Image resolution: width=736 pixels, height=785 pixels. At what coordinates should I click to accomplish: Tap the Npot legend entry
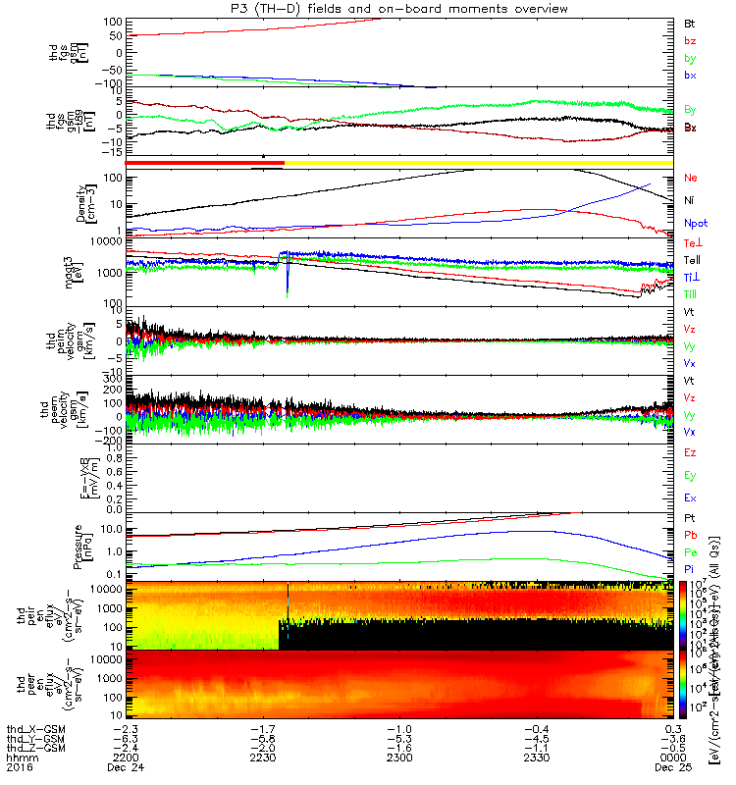694,223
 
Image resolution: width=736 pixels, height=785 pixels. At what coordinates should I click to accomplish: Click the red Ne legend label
691,178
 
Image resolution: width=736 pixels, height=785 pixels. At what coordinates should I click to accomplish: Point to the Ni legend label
689,200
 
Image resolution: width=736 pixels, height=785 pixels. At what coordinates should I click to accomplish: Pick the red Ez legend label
690,452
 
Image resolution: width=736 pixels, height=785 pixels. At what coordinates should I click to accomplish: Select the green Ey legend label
690,475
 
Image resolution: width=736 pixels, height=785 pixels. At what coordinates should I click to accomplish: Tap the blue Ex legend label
690,497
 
